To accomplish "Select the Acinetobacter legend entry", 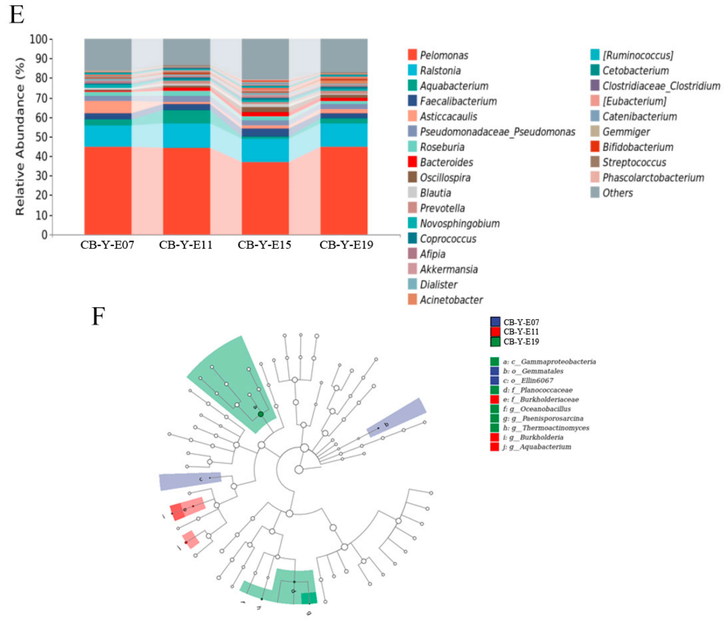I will click(x=451, y=300).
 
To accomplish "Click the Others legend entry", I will click(x=618, y=193).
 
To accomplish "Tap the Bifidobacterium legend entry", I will click(x=637, y=147).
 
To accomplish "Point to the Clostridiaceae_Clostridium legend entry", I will click(x=661, y=86).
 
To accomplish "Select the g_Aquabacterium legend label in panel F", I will click(x=540, y=447).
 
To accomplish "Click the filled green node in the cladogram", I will click(x=261, y=414).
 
